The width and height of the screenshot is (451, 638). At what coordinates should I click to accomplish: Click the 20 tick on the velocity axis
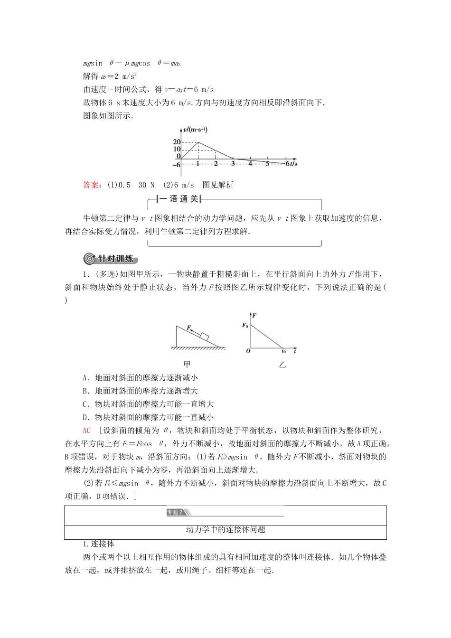[x=177, y=142]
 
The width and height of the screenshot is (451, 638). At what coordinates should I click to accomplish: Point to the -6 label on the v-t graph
[x=176, y=165]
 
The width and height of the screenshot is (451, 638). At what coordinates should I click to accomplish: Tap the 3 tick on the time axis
[x=233, y=164]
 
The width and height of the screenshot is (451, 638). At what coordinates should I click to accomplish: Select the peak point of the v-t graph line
[x=198, y=142]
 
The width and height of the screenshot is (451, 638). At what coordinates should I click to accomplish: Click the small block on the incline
[x=205, y=337]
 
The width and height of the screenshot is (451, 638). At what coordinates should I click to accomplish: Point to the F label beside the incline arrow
[x=189, y=328]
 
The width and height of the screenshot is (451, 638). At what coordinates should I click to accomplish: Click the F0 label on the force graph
[x=245, y=325]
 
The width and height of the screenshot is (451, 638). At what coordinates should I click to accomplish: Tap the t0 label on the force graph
[x=283, y=352]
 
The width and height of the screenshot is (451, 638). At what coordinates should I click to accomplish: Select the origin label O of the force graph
[x=248, y=352]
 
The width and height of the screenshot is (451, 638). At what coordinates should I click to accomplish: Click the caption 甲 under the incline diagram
[x=187, y=365]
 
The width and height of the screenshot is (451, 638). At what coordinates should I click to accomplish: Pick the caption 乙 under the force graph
[x=282, y=365]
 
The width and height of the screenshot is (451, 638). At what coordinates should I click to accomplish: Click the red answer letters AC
[x=87, y=431]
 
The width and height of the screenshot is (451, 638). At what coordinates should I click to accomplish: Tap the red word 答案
[x=92, y=185]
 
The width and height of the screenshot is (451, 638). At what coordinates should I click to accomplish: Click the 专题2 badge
[x=176, y=512]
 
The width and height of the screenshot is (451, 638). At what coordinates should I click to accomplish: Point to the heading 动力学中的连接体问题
[x=225, y=529]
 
